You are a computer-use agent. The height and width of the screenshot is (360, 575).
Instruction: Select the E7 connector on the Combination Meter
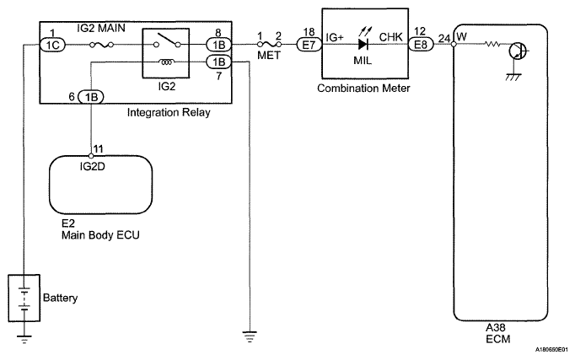(x=308, y=45)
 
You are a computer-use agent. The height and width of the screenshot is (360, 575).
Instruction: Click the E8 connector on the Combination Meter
(x=420, y=45)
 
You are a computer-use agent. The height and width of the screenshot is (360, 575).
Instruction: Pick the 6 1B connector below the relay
(x=90, y=97)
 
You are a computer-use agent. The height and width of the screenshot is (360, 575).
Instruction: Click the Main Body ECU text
(x=99, y=235)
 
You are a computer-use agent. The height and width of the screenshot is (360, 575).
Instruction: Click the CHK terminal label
(x=390, y=36)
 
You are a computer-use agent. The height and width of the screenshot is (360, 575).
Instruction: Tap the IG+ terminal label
(x=335, y=36)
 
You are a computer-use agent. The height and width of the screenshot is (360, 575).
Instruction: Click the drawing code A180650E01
(x=549, y=351)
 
